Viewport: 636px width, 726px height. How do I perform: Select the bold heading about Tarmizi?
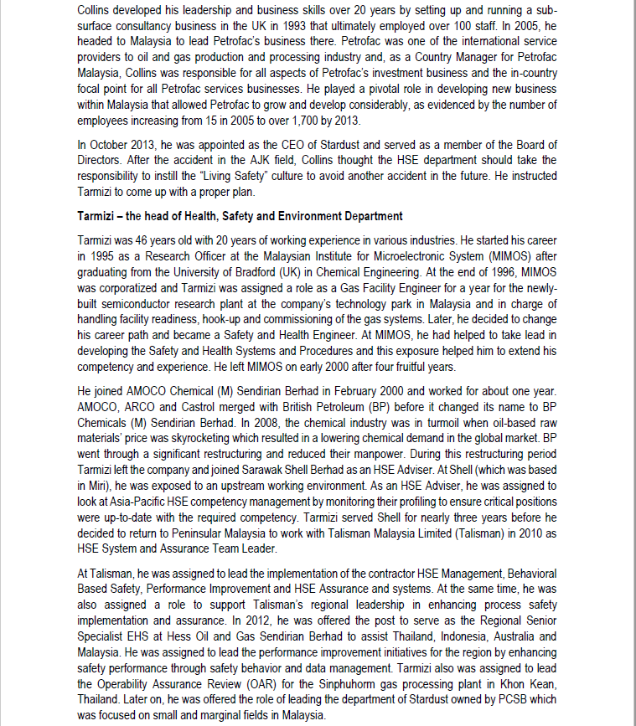pos(240,217)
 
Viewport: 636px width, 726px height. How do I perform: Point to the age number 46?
pos(139,239)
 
